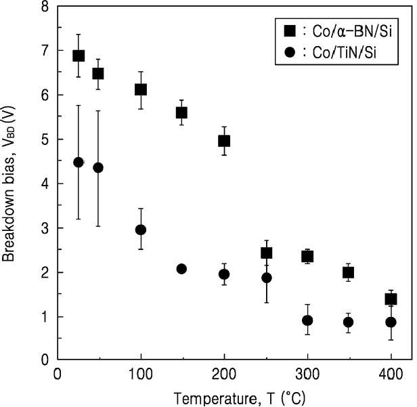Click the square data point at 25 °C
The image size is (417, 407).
click(x=79, y=56)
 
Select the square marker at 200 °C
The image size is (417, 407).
click(x=224, y=141)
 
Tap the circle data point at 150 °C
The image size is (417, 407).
click(x=181, y=269)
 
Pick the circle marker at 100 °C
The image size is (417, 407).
click(x=141, y=230)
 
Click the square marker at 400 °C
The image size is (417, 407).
click(x=391, y=299)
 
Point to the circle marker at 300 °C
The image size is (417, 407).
click(x=307, y=320)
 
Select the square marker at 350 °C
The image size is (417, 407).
click(x=349, y=272)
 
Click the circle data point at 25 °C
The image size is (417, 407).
click(x=79, y=162)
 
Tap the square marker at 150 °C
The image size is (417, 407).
click(x=181, y=112)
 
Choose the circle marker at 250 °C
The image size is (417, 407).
click(x=267, y=278)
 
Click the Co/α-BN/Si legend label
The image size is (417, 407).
click(x=352, y=31)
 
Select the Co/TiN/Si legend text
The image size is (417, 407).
click(x=345, y=52)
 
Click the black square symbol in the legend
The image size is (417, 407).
click(x=290, y=30)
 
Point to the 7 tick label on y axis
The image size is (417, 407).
click(x=45, y=50)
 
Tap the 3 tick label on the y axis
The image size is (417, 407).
click(x=45, y=228)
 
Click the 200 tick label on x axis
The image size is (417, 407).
click(x=224, y=374)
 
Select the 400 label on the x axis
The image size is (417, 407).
click(x=391, y=374)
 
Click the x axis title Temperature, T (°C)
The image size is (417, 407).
click(x=240, y=398)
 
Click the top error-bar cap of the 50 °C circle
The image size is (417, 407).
click(x=98, y=111)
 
